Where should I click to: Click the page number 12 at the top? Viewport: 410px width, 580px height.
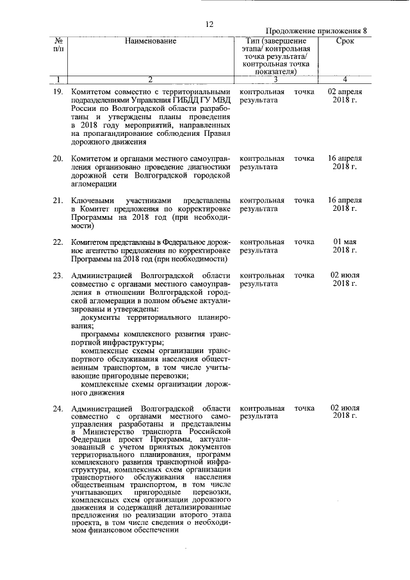[209, 24]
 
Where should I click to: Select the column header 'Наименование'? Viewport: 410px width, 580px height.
[151, 41]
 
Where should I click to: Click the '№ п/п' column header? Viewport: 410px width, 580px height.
[58, 45]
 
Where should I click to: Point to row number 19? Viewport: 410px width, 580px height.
[58, 92]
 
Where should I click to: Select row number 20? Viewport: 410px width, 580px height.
[58, 158]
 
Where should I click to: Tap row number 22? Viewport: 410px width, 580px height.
[58, 242]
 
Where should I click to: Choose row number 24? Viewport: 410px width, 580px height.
[58, 408]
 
